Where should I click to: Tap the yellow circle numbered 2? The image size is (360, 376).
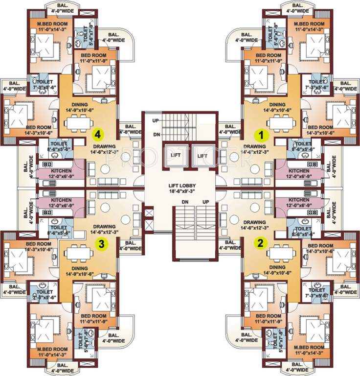[261, 242]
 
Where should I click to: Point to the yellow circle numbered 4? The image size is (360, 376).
[98, 134]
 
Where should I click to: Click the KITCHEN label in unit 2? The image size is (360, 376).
[298, 201]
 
